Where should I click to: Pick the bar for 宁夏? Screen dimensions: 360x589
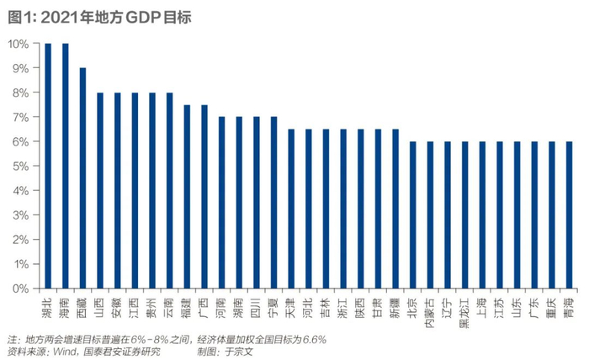pos(273,202)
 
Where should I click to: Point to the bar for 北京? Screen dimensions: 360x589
pos(412,214)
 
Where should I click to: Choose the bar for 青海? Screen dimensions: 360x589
pos(569,214)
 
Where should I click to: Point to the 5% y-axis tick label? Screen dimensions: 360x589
pos(21,166)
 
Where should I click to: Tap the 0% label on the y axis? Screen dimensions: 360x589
pos(21,289)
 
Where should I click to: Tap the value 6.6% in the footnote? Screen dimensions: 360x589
pos(313,339)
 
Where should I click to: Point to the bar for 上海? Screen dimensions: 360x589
pos(481,214)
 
